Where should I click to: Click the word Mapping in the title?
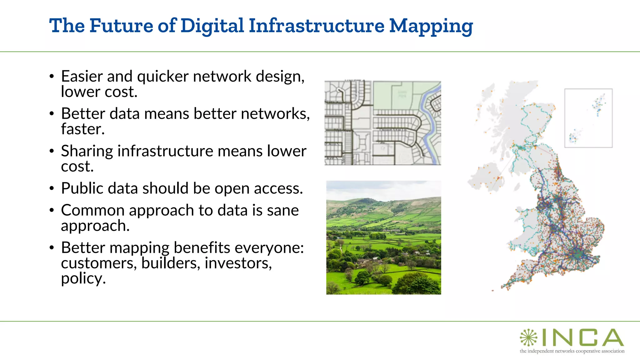431,26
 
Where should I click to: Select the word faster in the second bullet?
82,129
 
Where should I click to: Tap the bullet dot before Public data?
52,189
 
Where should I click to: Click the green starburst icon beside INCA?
528,337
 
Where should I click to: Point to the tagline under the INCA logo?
572,351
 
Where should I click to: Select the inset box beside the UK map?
588,118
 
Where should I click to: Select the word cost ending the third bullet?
77,167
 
